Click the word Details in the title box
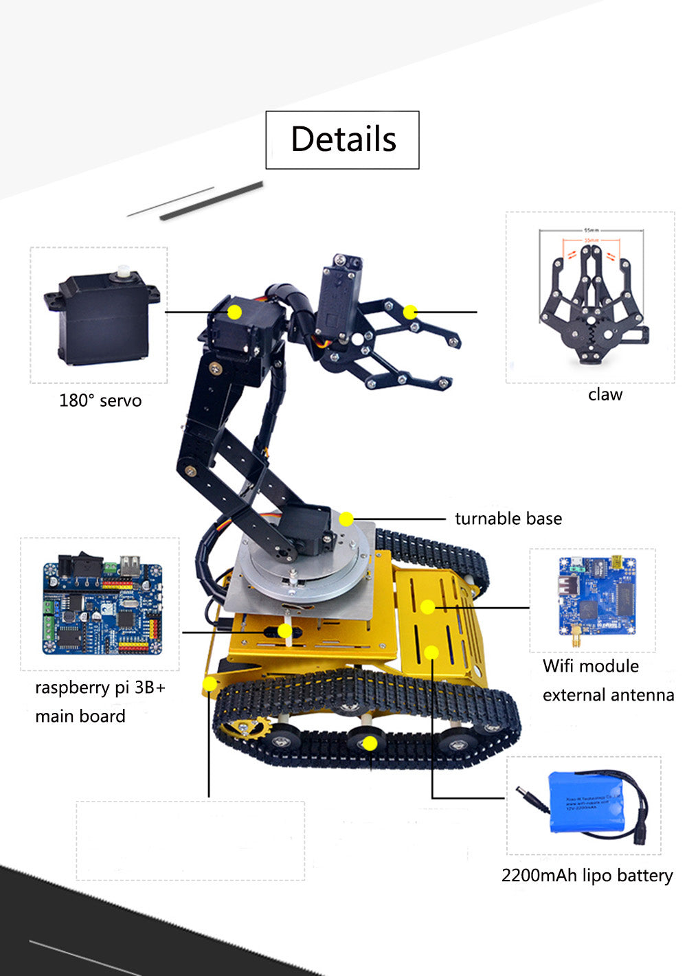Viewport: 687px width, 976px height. [343, 139]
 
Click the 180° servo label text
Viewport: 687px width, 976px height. [100, 400]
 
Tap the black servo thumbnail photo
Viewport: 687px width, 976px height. [102, 316]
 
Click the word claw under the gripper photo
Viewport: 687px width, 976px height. [605, 394]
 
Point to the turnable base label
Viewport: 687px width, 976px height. [508, 519]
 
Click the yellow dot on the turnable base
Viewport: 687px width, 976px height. [346, 519]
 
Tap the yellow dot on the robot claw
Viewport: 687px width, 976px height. [410, 313]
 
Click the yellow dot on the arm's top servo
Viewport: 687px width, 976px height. [235, 312]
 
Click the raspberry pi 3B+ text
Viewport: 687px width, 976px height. [100, 688]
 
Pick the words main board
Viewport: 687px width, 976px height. [80, 716]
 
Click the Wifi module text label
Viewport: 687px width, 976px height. [591, 666]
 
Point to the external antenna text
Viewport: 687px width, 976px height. [608, 695]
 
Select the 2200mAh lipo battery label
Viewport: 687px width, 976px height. [587, 876]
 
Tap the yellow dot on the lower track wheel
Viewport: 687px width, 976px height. [370, 742]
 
